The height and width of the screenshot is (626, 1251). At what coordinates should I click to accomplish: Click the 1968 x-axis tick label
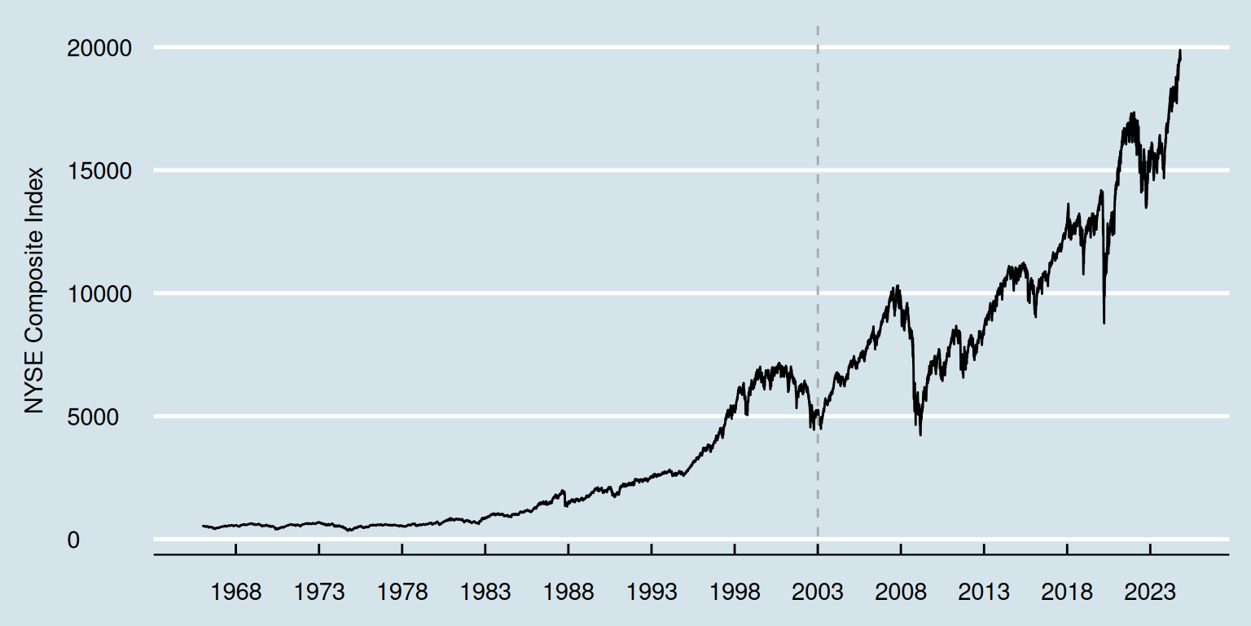[235, 593]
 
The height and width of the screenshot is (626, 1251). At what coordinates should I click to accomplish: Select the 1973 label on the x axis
[318, 593]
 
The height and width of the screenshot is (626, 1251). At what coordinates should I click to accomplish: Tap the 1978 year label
[402, 593]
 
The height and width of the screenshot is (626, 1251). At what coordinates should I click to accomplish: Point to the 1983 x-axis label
[485, 593]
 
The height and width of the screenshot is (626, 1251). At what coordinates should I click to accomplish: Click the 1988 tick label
[568, 593]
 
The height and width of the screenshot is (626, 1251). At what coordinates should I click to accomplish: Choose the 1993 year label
[652, 593]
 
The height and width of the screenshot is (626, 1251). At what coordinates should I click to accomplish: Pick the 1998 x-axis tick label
[735, 593]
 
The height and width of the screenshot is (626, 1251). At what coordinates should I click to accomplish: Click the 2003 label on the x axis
[818, 593]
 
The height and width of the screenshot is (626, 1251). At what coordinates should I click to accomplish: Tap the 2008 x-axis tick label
[901, 593]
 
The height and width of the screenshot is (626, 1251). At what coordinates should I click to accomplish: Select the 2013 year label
[984, 593]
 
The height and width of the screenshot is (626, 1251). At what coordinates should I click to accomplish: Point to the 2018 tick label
[1067, 593]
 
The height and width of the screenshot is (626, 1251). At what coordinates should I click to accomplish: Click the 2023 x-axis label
[1150, 593]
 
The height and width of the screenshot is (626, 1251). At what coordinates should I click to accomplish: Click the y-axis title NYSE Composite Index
[34, 290]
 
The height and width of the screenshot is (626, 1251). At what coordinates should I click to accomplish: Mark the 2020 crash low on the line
[1104, 323]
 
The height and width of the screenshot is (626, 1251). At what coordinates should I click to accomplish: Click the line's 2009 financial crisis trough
[920, 434]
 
